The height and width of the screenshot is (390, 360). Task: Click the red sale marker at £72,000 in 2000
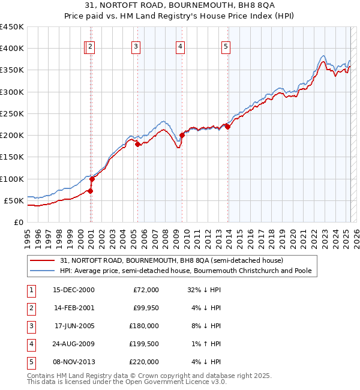pos(90,191)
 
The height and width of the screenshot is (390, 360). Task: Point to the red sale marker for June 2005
pos(137,144)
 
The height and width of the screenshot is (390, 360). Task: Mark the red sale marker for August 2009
pos(182,136)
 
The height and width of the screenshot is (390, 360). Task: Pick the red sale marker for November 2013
pos(227,127)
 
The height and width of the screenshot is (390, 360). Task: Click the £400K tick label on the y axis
pos(11,49)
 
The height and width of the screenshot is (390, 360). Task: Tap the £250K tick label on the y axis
pos(11,113)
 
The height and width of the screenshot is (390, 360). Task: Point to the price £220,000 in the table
pos(144,362)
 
